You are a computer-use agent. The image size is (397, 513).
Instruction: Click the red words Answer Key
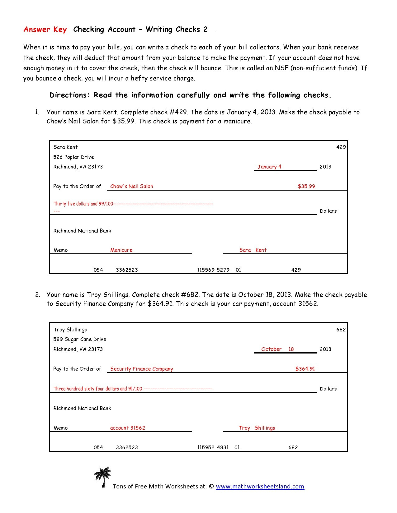pyautogui.click(x=45, y=30)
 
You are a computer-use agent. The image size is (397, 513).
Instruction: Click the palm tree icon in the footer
pyautogui.click(x=102, y=478)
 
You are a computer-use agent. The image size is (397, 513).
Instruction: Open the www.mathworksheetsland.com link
pyautogui.click(x=260, y=487)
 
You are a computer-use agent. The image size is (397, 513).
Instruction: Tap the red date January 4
pyautogui.click(x=269, y=167)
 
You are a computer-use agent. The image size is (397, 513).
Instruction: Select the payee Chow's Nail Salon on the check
pyautogui.click(x=131, y=186)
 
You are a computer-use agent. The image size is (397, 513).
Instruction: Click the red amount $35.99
pyautogui.click(x=306, y=186)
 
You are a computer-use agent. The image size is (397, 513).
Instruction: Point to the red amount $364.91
pyautogui.click(x=305, y=369)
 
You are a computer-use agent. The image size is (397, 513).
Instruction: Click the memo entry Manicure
pyautogui.click(x=121, y=250)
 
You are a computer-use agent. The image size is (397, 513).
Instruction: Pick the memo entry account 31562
pyautogui.click(x=127, y=428)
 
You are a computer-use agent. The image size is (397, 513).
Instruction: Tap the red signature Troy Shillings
pyautogui.click(x=257, y=428)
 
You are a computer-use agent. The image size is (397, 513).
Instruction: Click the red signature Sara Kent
pyautogui.click(x=253, y=250)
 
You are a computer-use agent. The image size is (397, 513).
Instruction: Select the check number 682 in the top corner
pyautogui.click(x=341, y=330)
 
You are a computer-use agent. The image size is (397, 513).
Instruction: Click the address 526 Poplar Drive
pyautogui.click(x=73, y=157)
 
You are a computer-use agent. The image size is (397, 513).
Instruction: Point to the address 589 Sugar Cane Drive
pyautogui.click(x=80, y=339)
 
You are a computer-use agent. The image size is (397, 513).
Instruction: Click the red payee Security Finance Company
pyautogui.click(x=141, y=369)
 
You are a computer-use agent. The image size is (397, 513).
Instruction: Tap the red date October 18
pyautogui.click(x=277, y=349)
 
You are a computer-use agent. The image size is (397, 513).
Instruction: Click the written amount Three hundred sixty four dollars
pyautogui.click(x=98, y=389)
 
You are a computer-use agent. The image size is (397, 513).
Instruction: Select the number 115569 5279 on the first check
pyautogui.click(x=213, y=270)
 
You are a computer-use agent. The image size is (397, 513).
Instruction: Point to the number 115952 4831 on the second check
pyautogui.click(x=213, y=447)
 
